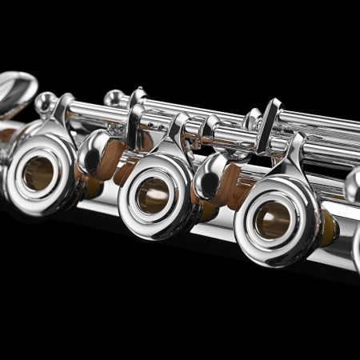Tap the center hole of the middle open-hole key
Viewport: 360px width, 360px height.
(x=153, y=194)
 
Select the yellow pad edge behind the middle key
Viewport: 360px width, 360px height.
(x=206, y=211)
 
